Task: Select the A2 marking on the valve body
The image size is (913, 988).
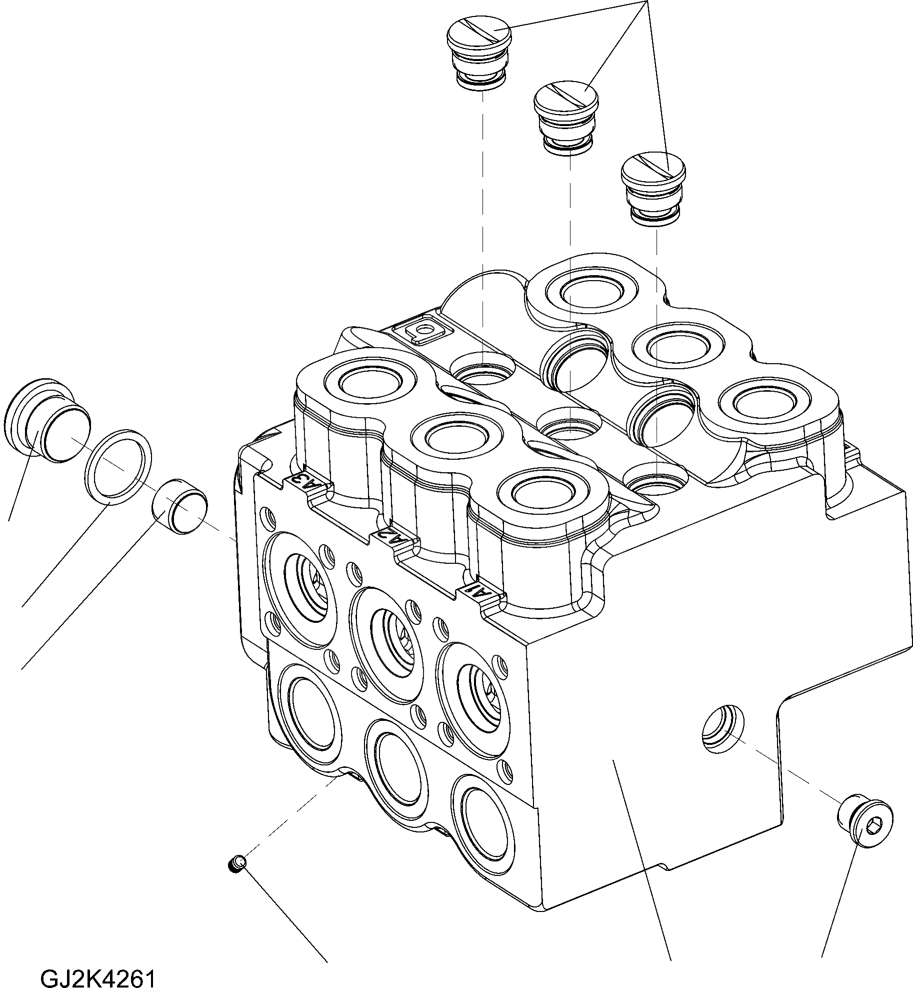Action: [x=394, y=540]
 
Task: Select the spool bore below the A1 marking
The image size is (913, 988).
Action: [x=475, y=697]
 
